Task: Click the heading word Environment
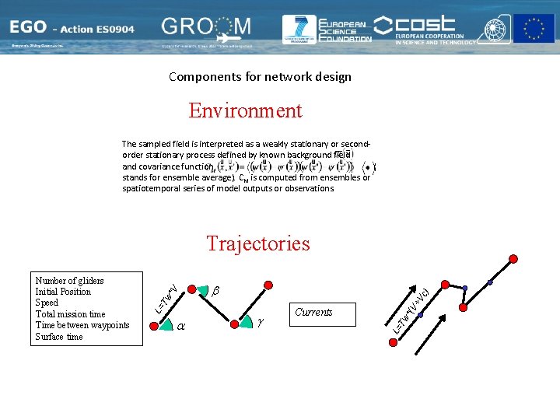(x=245, y=110)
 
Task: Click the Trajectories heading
(x=258, y=243)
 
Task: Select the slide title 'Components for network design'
(x=260, y=76)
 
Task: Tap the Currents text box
(x=313, y=312)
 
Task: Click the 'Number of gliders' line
(x=70, y=281)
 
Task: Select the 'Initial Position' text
(x=63, y=292)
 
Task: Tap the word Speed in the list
(x=47, y=303)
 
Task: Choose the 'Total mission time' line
(x=70, y=314)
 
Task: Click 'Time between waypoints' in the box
(x=82, y=325)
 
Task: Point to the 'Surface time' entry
(x=59, y=337)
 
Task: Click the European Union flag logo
(x=534, y=29)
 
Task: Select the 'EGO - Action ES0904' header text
(x=72, y=30)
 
